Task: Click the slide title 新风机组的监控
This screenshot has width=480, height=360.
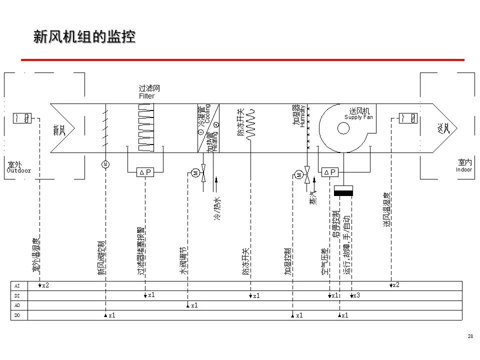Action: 84,37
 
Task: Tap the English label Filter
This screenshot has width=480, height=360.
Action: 146,96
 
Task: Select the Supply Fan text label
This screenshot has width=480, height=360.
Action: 358,117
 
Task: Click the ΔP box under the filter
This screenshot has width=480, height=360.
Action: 145,172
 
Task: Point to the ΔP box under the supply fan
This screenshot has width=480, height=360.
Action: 330,172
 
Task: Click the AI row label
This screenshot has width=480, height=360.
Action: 17,285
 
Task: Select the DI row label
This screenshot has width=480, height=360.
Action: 17,295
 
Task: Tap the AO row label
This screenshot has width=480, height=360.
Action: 17,305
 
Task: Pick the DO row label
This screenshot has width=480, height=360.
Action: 17,315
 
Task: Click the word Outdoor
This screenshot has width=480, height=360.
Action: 18,170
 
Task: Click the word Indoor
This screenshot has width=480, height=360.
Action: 464,169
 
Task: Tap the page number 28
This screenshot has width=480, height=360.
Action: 470,336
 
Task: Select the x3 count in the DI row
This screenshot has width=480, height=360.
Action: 356,296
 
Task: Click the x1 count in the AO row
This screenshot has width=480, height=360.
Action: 194,305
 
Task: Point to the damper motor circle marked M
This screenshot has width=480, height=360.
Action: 105,164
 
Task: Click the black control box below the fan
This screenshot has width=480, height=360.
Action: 343,191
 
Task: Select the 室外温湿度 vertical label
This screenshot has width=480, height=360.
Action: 36,255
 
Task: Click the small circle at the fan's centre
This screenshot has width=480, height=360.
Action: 343,128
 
